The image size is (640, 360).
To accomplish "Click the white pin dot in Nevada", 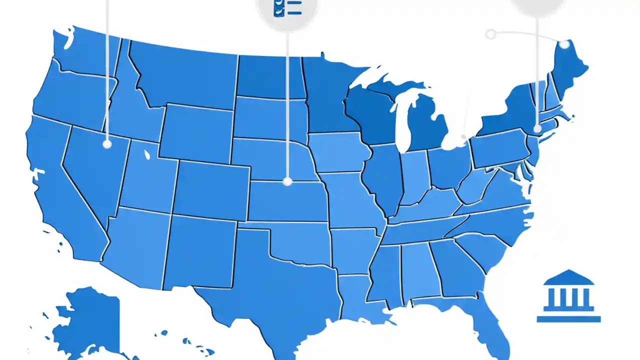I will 107,144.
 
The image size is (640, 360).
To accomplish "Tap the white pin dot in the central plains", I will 287,181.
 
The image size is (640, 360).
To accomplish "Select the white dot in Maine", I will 564,44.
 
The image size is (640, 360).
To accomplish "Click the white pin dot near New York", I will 537,128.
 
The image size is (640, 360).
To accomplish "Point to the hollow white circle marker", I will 491,34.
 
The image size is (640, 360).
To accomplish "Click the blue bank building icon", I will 568,296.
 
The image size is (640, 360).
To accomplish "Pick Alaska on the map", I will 87,320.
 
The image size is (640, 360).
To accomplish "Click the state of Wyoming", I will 197,132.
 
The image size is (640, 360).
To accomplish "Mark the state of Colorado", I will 212,190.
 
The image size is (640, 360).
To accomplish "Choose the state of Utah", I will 147,175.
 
